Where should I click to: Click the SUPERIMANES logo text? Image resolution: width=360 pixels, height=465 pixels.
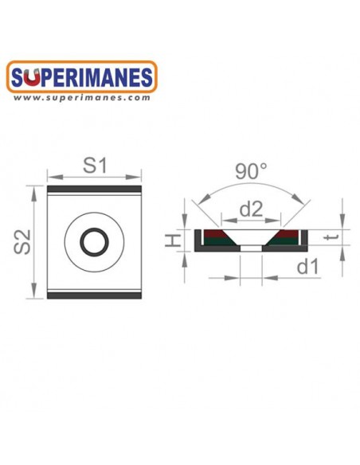84,78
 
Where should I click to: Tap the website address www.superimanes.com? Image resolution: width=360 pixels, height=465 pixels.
83,98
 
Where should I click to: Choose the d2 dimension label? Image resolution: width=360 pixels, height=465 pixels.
252,209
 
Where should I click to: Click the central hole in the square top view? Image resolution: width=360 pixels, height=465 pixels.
95,240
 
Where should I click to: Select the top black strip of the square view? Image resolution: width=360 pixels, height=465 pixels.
95,189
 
